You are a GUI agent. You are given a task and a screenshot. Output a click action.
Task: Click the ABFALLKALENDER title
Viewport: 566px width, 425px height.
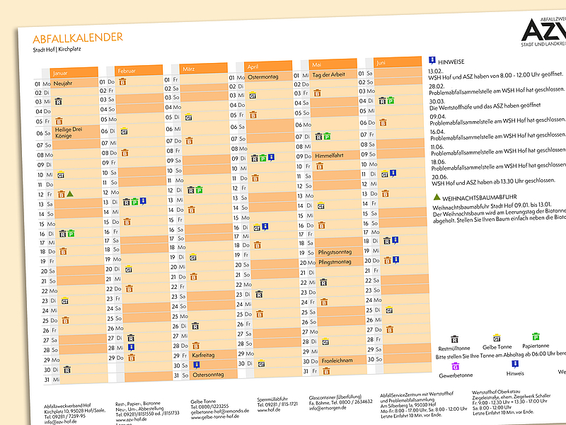click(78, 38)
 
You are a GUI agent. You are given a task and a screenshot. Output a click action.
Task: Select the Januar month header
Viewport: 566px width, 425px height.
click(74, 72)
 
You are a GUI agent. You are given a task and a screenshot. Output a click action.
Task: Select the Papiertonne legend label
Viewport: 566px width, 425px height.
click(536, 346)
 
